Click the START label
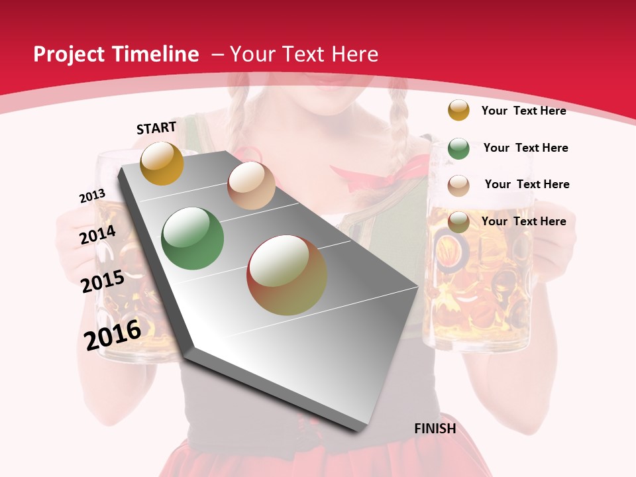156,128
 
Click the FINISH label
435,429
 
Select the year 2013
92,196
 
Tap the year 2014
97,235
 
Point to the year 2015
103,282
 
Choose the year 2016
113,335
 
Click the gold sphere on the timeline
162,163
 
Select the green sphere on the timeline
192,238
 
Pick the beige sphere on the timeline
251,185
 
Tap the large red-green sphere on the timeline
287,275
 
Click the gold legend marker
458,110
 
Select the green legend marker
458,148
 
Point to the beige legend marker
458,185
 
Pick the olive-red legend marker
458,222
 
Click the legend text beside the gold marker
523,111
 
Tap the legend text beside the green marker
525,148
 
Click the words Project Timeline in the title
116,54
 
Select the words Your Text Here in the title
304,54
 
